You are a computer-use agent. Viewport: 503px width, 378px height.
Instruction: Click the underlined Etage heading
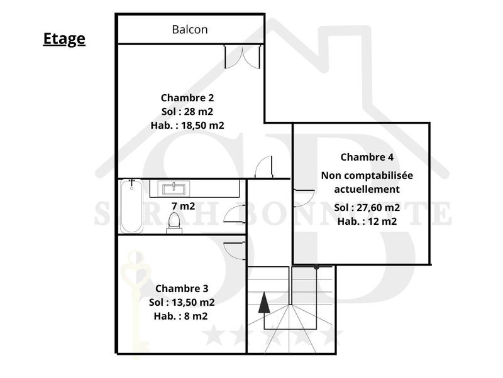pos(64,39)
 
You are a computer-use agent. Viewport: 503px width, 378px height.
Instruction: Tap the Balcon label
pos(190,29)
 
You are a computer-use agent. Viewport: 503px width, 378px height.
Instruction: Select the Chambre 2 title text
pos(187,97)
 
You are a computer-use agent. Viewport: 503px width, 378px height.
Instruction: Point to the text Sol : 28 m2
pos(187,111)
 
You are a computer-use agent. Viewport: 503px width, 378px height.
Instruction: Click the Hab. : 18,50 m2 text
pos(187,125)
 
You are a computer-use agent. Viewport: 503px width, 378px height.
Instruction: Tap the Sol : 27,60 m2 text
pos(367,207)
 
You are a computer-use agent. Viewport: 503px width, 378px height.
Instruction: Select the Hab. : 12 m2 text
pos(367,221)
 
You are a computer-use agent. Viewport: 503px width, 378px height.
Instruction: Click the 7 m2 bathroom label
pos(183,206)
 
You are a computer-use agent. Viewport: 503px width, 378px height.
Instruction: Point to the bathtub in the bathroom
pos(131,205)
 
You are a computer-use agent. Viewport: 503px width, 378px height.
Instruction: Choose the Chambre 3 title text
pos(182,289)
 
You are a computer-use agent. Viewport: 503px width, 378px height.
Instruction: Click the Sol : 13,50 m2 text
pos(182,303)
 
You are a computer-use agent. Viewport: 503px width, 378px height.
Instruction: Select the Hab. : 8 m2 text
pos(182,316)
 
